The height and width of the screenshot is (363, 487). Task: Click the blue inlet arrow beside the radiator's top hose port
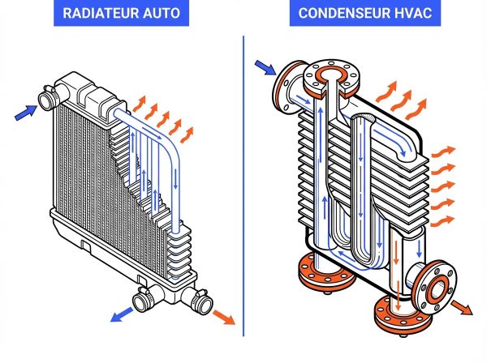[26, 115]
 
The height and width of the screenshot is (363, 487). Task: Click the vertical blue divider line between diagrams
[243, 194]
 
